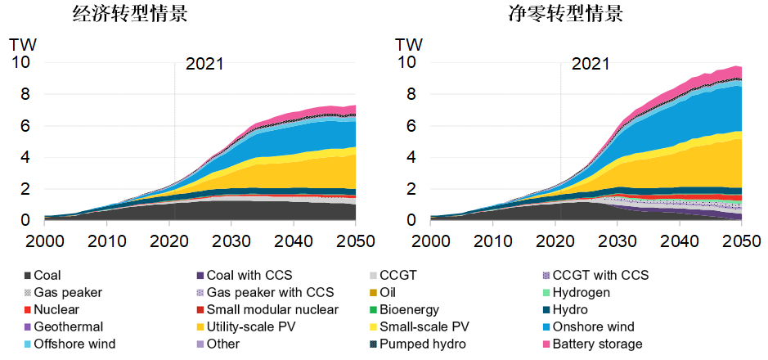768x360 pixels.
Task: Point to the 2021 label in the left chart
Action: (204, 64)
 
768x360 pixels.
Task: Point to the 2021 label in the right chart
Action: (591, 64)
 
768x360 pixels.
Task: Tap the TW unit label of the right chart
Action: (409, 44)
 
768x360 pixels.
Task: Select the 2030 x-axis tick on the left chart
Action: (231, 242)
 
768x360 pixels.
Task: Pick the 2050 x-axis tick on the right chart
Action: (741, 242)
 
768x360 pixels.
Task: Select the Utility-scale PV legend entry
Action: (249, 327)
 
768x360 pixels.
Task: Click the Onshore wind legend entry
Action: (593, 327)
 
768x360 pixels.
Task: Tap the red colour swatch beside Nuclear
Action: (28, 310)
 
